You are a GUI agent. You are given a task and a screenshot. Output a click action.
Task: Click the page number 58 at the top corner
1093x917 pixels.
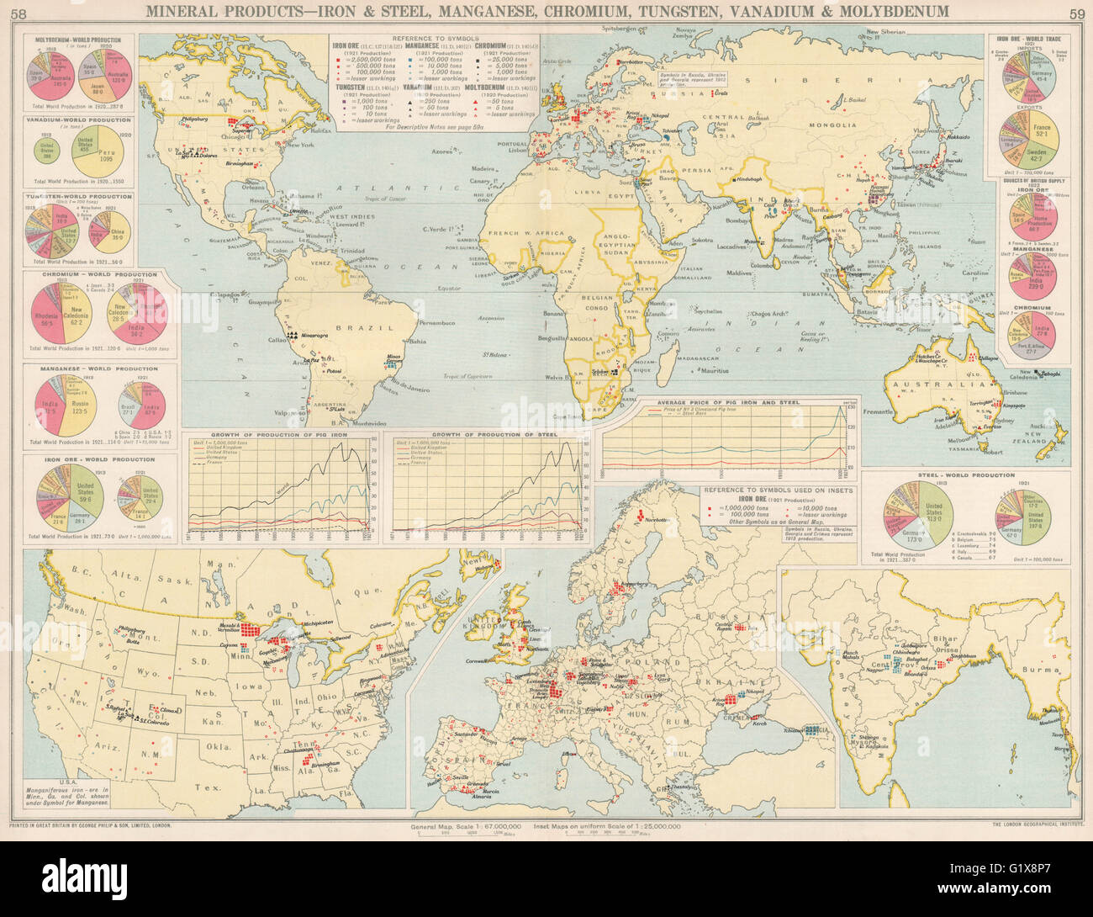click(x=16, y=12)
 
